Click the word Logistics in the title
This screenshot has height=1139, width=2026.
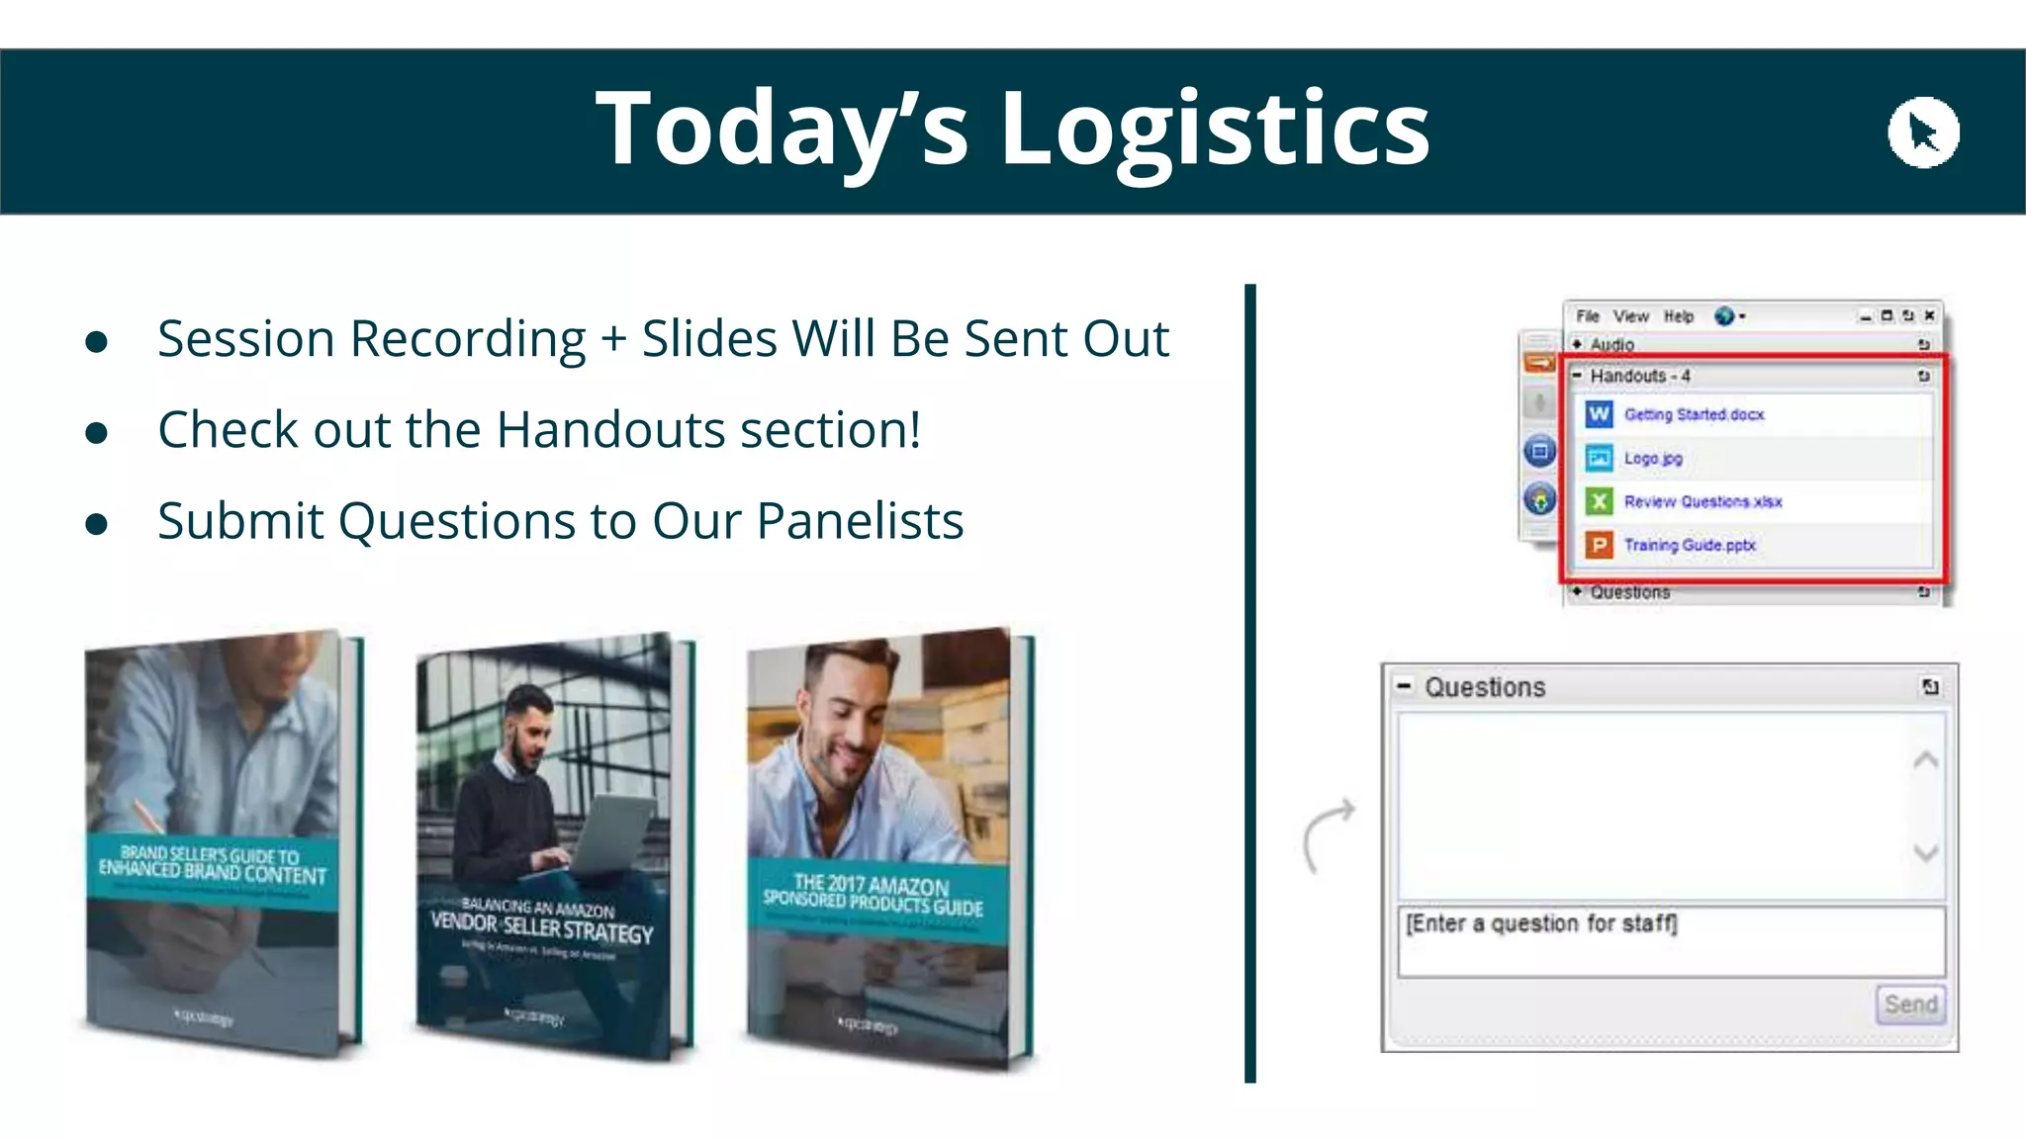tap(1215, 130)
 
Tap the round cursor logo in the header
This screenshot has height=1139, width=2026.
tap(1923, 132)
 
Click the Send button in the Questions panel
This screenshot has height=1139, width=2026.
tap(1910, 1005)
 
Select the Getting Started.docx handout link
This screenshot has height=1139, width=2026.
tap(1694, 414)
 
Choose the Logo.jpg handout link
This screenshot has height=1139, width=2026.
tap(1652, 458)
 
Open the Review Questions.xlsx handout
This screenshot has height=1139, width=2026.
tap(1703, 501)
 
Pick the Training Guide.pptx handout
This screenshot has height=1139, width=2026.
tap(1690, 545)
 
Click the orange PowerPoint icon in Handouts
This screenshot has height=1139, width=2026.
tap(1599, 545)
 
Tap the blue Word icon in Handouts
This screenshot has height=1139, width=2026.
tap(1599, 414)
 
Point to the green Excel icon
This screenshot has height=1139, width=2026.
tap(1599, 501)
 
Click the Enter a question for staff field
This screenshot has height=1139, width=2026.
tap(1670, 940)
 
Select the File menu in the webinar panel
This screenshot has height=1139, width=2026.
tap(1588, 316)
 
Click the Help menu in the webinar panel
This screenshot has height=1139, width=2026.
tap(1678, 316)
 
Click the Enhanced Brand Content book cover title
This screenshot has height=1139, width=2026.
tap(212, 864)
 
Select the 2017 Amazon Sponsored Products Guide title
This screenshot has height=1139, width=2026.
tap(873, 895)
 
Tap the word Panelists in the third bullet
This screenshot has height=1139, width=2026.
tap(860, 521)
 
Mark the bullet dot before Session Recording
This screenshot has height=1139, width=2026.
tap(96, 342)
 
